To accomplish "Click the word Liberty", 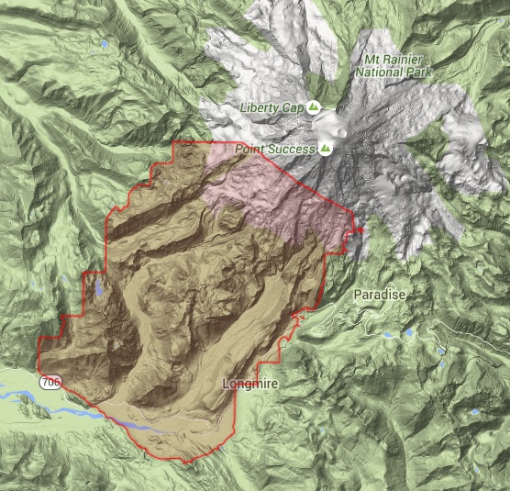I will tap(260, 108).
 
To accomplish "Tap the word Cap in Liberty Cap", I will tap(293, 108).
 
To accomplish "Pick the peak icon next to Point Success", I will tap(327, 147).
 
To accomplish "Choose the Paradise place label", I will tap(379, 294).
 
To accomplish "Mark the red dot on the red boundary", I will tap(360, 229).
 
